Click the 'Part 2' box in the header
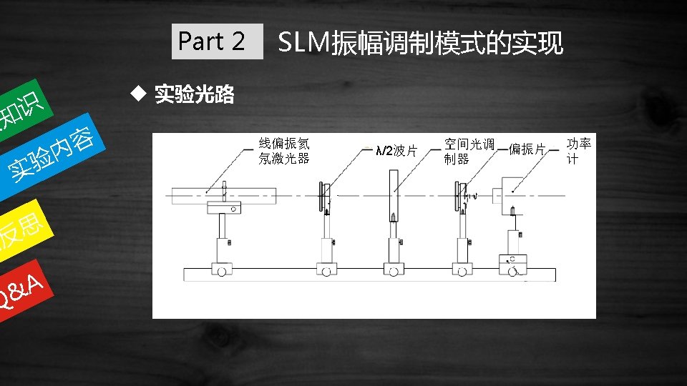click(x=211, y=42)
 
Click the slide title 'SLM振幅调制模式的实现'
click(x=420, y=44)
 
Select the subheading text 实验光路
click(x=195, y=94)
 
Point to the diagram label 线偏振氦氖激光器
click(x=284, y=151)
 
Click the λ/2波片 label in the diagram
click(x=396, y=151)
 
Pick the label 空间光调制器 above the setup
click(x=468, y=151)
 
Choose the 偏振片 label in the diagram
click(x=527, y=149)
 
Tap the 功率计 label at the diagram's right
click(x=579, y=150)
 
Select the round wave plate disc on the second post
click(x=323, y=194)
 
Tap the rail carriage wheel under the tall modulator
click(x=394, y=271)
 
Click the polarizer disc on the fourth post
click(x=457, y=194)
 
